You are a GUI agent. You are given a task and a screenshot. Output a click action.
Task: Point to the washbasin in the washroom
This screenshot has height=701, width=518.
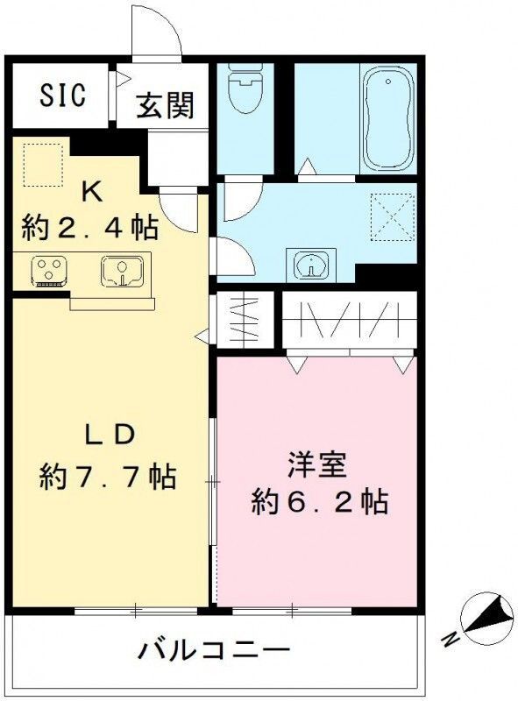tap(309, 265)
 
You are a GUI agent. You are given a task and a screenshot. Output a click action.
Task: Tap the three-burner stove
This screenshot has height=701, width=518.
tap(46, 271)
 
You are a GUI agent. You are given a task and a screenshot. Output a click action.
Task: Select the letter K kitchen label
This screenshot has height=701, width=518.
tap(90, 191)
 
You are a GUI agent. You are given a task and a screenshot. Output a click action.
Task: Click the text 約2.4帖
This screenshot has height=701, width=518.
tap(90, 228)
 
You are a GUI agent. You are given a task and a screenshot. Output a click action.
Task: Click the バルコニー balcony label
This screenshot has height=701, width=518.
tap(214, 652)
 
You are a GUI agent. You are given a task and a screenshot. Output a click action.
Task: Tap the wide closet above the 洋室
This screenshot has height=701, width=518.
tap(348, 322)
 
